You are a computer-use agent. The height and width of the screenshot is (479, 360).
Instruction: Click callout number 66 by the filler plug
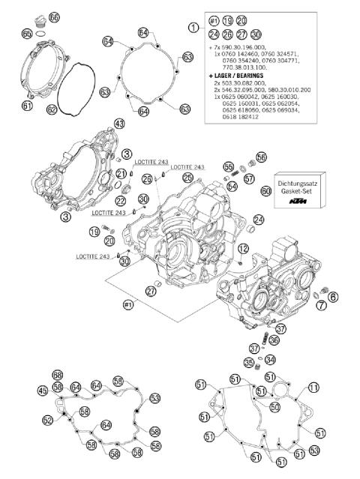(53, 16)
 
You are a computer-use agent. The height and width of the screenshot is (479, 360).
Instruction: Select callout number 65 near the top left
(27, 34)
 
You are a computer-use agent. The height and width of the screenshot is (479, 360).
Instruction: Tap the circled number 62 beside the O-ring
(52, 109)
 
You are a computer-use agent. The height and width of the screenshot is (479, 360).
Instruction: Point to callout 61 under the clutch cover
(27, 106)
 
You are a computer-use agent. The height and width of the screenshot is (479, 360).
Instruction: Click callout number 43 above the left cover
(118, 123)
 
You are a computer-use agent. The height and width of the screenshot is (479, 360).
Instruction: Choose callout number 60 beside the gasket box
(265, 192)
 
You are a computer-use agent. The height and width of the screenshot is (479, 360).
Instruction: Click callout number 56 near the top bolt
(261, 157)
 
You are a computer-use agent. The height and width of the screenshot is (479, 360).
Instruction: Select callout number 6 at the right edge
(333, 297)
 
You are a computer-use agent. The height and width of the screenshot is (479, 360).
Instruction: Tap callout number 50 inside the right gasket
(274, 406)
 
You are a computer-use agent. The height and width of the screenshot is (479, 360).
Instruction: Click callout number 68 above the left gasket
(58, 374)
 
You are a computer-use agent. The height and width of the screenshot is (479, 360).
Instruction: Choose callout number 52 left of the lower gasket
(47, 421)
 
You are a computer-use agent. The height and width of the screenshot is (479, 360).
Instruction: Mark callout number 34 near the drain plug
(270, 359)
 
